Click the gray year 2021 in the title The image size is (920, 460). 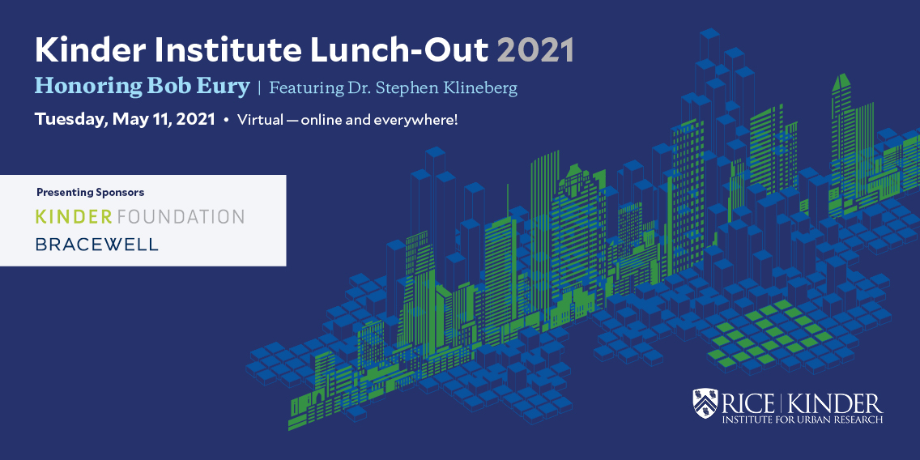535,51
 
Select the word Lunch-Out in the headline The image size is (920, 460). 395,51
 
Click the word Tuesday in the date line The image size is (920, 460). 70,119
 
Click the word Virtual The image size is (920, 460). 258,120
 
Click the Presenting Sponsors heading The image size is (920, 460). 91,192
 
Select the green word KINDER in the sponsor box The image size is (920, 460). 74,216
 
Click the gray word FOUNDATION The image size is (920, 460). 180,216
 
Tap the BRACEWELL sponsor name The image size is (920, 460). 97,244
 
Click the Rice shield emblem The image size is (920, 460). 705,403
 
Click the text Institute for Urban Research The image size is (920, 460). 802,420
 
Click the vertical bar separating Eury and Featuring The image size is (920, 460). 259,88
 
